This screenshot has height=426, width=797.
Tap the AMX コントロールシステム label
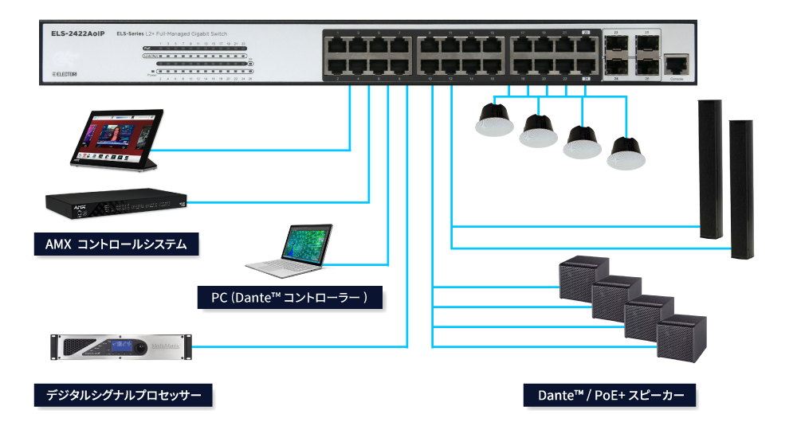pyautogui.click(x=116, y=244)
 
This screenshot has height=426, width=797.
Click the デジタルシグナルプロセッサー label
pyautogui.click(x=123, y=395)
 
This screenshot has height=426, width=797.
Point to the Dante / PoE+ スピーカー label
pyautogui.click(x=610, y=395)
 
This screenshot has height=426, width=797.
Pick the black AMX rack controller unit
pyautogui.click(x=116, y=206)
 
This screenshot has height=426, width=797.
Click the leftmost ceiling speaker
pyautogui.click(x=494, y=119)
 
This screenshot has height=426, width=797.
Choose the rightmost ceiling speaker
pyautogui.click(x=626, y=153)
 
